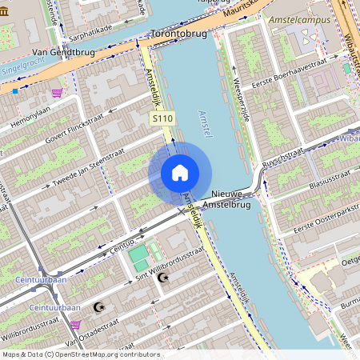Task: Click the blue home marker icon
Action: tap(180, 173)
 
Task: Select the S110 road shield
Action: tap(163, 118)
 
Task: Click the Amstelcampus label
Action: tap(301, 18)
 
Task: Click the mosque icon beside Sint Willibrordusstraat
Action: tap(164, 278)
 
